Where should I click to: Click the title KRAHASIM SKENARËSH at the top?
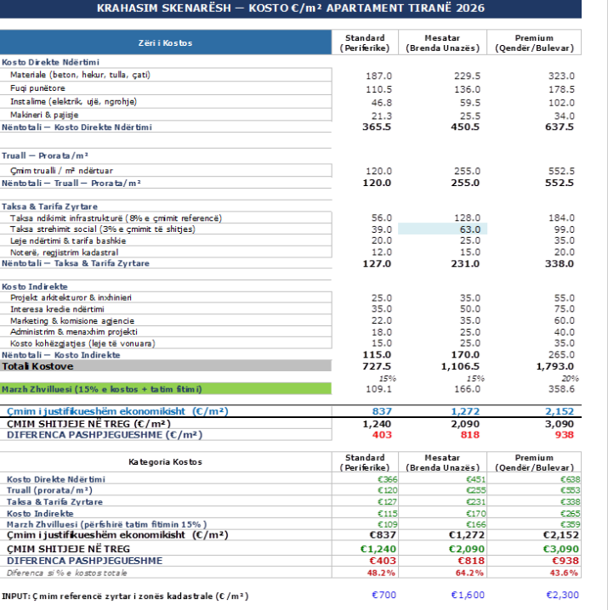(x=164, y=8)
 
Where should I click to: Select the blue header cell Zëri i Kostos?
(x=166, y=42)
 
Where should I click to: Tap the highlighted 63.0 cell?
(x=442, y=229)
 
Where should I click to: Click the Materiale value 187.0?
(x=378, y=76)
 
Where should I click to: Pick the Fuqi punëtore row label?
(x=37, y=88)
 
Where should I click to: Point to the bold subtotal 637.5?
(x=560, y=127)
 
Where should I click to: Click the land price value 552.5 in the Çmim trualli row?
(x=561, y=171)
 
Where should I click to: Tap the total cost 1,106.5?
(x=460, y=366)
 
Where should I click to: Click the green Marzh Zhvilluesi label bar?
(x=166, y=389)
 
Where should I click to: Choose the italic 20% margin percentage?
(x=571, y=378)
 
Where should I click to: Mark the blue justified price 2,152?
(x=560, y=411)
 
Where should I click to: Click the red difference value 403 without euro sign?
(x=382, y=435)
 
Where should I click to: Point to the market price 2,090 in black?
(x=465, y=424)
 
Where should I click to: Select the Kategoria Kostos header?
(x=165, y=462)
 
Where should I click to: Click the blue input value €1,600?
(x=468, y=595)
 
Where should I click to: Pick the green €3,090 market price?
(x=561, y=549)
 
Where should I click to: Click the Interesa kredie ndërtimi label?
(x=57, y=309)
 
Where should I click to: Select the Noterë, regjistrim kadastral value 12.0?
(x=381, y=252)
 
